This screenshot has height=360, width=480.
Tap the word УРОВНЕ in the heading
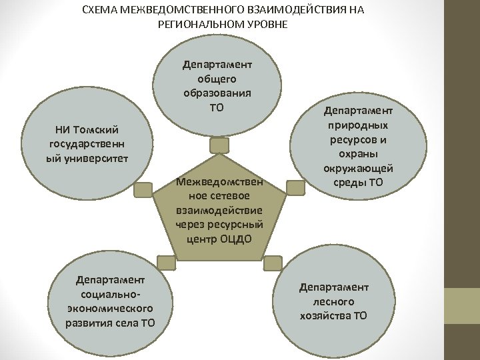265,25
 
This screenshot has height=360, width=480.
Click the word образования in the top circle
217,93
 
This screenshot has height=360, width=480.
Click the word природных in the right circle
359,125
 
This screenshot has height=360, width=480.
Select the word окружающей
359,169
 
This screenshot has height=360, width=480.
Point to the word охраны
359,154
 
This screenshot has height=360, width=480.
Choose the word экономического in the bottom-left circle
111,309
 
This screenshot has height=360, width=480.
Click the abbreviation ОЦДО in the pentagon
236,238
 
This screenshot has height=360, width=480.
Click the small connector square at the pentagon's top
219,145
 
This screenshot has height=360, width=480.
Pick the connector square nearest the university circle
143,189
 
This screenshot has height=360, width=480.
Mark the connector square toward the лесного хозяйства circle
273,263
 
